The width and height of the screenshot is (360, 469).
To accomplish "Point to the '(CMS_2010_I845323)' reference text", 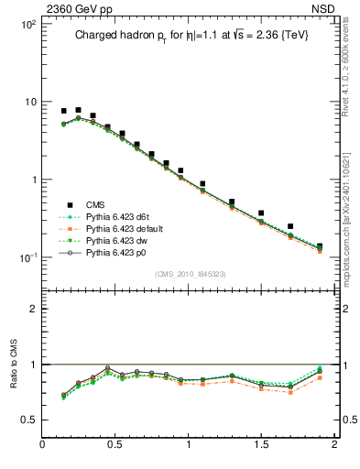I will (188, 273).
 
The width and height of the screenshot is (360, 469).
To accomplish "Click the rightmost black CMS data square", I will (320, 246).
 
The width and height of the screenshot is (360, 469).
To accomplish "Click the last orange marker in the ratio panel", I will (320, 377).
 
